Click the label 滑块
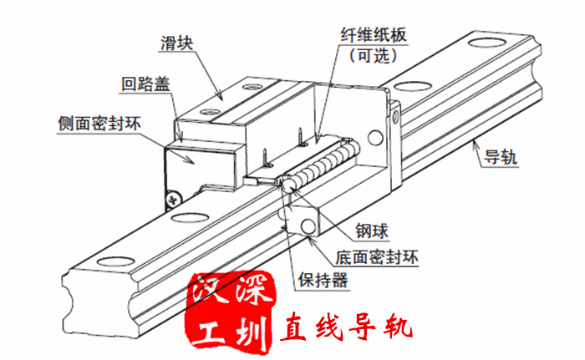pos(177,43)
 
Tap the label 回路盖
pos(145,84)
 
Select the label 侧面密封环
pos(99,124)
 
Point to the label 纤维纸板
pos(374,35)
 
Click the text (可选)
pos(373,56)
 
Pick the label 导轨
pos(501,157)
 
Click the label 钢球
pos(372,231)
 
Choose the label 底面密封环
pos(377,257)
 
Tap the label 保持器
pos(323,280)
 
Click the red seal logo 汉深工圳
pos(232,312)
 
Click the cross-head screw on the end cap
pos(173,200)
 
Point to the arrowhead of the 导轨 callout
pos(475,145)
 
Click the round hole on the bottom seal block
pos(309,226)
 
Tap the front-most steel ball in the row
pos(288,185)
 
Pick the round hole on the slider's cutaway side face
pos(375,138)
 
